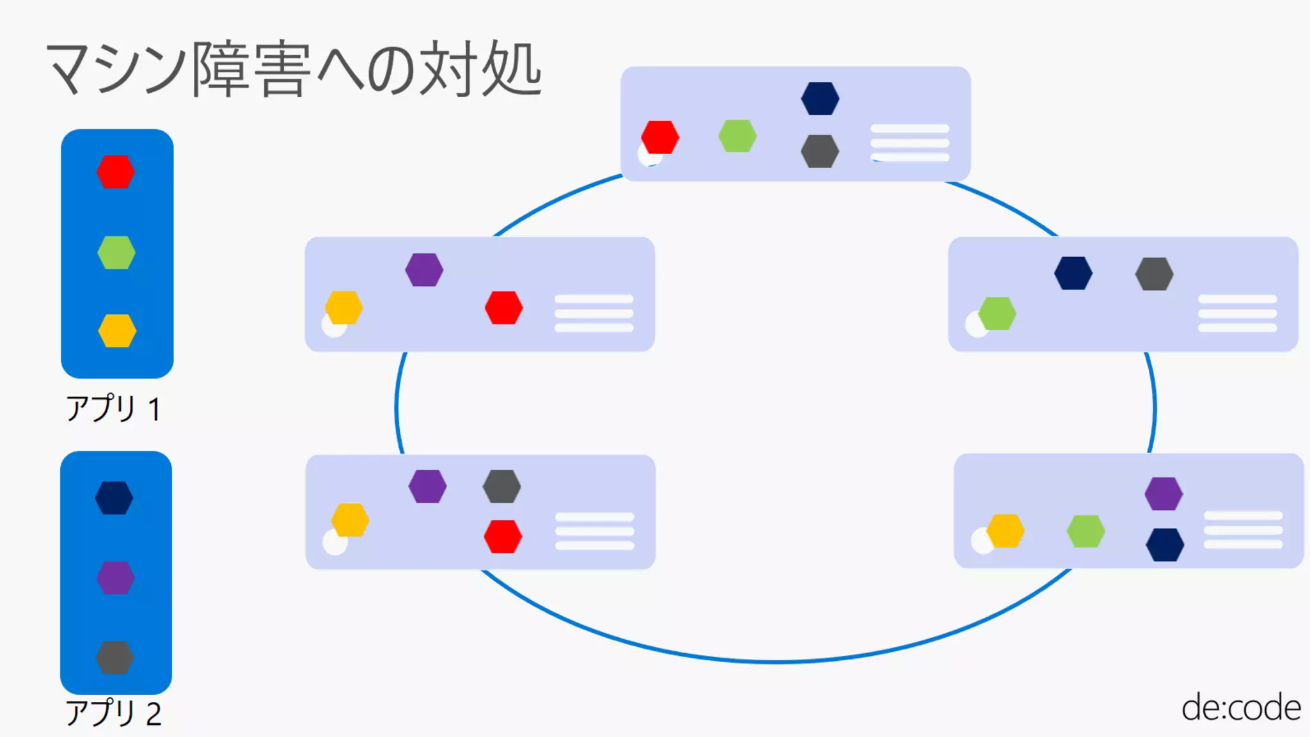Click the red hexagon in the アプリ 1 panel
116,172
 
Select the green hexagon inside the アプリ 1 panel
116,253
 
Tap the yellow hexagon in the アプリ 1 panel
117,331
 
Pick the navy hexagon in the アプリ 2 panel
114,498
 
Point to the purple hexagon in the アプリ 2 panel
116,578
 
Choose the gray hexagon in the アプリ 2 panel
115,658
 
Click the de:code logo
1241,708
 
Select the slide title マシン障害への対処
294,69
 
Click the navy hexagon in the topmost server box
820,99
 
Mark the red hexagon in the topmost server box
660,137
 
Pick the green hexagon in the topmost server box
738,136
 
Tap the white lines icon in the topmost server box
910,143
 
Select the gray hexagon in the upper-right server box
1155,274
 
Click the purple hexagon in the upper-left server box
424,270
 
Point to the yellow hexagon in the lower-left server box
350,520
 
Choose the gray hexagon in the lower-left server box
501,486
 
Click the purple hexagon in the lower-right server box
1164,494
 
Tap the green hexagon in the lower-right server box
1086,531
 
